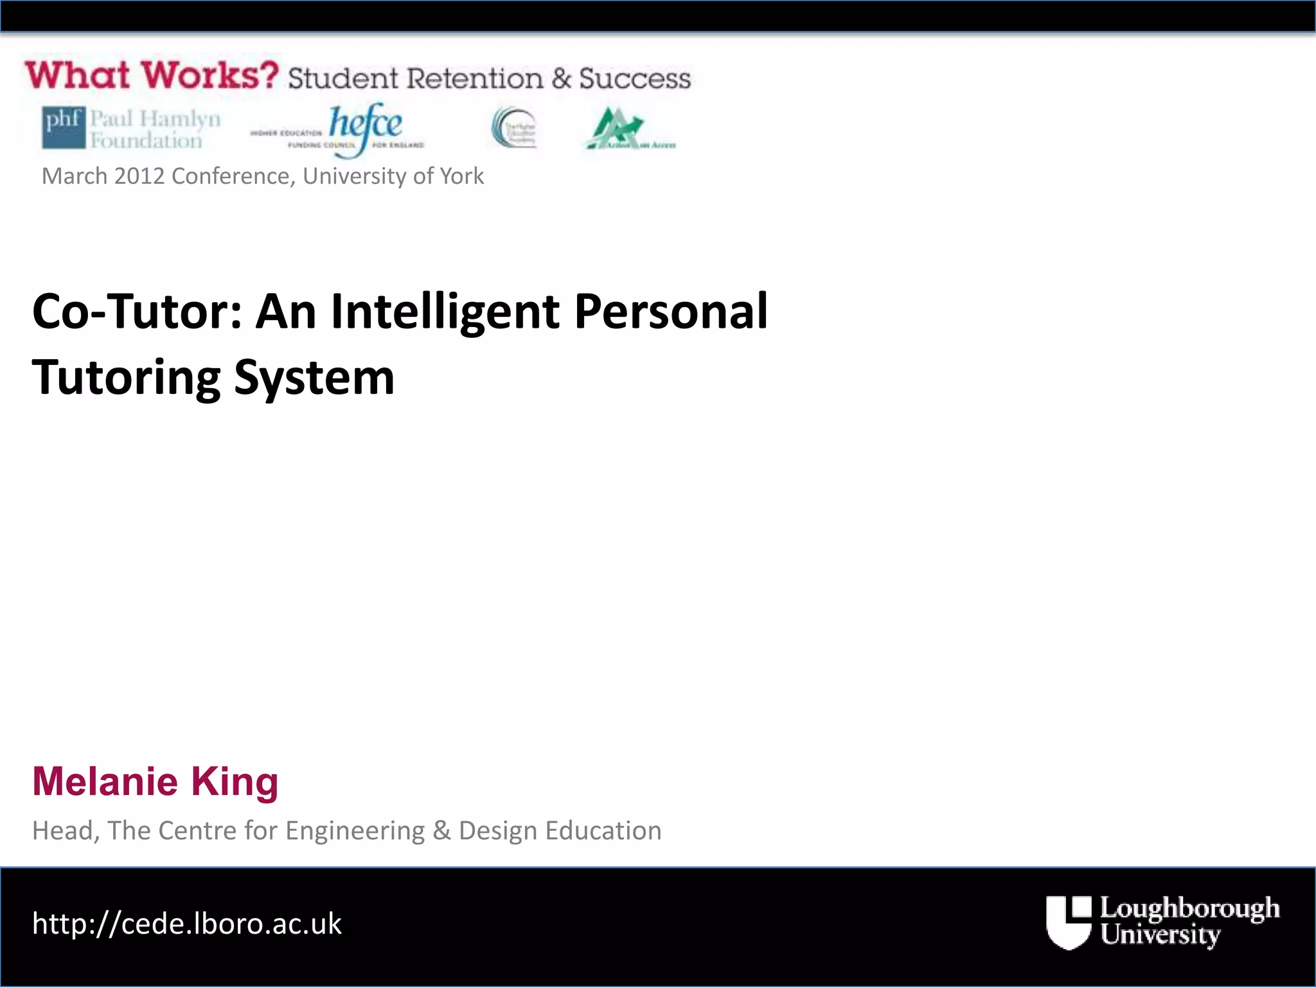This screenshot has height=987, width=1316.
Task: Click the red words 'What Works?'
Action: pyautogui.click(x=152, y=75)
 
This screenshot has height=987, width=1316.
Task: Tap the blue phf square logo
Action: pyautogui.click(x=63, y=127)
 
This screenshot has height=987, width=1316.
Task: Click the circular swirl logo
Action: pyautogui.click(x=513, y=127)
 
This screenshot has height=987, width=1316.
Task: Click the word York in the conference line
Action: pyautogui.click(x=461, y=176)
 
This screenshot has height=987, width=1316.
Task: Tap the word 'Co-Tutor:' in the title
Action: pyautogui.click(x=137, y=312)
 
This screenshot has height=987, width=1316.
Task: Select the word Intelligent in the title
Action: pyautogui.click(x=445, y=312)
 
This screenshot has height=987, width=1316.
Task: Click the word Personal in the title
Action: pyautogui.click(x=671, y=312)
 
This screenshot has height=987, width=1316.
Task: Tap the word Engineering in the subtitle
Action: pyautogui.click(x=355, y=831)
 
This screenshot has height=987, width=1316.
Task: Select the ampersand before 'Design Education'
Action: pyautogui.click(x=441, y=831)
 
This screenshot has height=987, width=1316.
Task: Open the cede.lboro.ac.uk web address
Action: pyautogui.click(x=187, y=924)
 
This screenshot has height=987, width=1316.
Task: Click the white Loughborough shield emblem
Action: pyautogui.click(x=1069, y=922)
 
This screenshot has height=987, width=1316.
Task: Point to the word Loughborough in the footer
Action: pyautogui.click(x=1189, y=909)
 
